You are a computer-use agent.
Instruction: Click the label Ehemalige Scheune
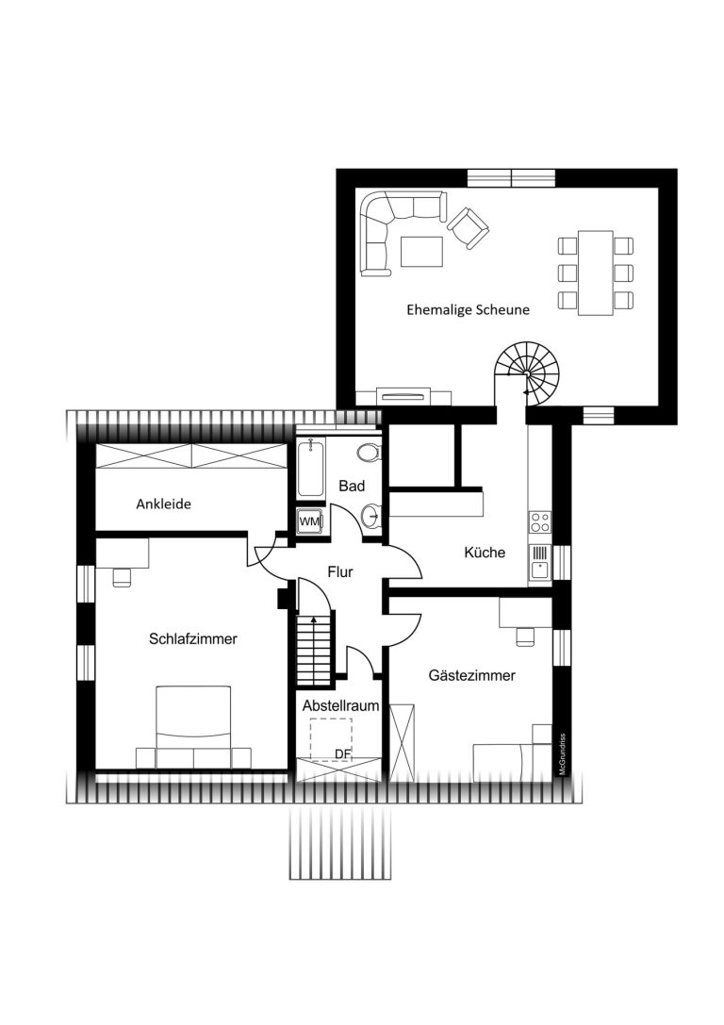coord(468,310)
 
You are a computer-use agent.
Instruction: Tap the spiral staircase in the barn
coord(527,370)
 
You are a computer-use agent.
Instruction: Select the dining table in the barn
coord(595,273)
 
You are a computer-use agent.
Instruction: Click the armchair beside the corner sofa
coord(469,227)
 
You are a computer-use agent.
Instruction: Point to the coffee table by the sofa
coord(421,252)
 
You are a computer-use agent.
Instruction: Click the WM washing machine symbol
coord(310,521)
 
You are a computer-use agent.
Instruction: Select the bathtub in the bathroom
coord(310,468)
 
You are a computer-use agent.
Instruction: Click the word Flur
coord(339,572)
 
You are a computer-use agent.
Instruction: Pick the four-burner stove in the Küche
coord(540,522)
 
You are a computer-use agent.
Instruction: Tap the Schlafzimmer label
coord(192,638)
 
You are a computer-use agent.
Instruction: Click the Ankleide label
coord(163,504)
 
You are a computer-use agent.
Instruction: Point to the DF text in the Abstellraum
coord(343,753)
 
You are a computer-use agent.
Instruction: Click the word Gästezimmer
coord(471,675)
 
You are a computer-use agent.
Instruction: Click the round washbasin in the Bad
coord(370,517)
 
